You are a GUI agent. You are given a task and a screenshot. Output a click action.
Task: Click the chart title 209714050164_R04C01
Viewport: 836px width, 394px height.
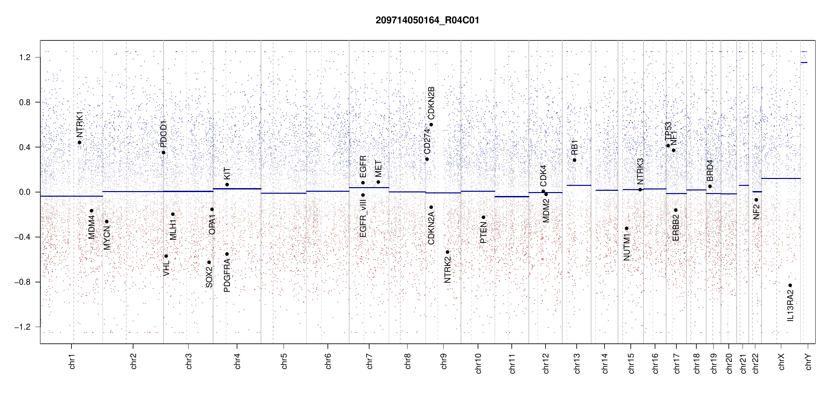(427, 20)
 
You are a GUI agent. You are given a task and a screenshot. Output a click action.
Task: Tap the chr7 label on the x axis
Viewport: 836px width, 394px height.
(369, 361)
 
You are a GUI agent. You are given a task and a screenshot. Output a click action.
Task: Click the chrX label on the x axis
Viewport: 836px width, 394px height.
(781, 361)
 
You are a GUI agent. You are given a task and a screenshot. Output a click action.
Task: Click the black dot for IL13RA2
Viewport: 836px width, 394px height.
(790, 285)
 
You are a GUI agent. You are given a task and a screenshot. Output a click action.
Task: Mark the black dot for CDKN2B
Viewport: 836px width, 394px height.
(431, 125)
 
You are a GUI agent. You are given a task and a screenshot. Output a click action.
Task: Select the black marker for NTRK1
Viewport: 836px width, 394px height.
(79, 142)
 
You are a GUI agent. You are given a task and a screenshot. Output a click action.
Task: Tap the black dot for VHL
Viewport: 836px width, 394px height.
(166, 256)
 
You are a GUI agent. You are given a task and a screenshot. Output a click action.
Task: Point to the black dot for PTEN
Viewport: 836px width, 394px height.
(483, 217)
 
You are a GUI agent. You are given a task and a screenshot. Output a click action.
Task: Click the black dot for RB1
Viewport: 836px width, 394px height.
(574, 160)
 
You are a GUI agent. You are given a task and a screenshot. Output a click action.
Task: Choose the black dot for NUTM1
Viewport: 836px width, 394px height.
(627, 228)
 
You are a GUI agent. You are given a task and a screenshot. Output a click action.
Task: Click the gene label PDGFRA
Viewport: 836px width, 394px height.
(227, 275)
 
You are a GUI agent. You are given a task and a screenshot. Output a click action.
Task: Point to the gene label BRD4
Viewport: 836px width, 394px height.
(710, 171)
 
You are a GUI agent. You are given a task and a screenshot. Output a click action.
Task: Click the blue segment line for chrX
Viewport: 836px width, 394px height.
(781, 178)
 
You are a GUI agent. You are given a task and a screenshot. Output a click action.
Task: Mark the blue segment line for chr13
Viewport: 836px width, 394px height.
(579, 186)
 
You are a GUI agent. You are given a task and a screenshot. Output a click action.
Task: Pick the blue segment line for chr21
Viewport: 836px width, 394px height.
(744, 186)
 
